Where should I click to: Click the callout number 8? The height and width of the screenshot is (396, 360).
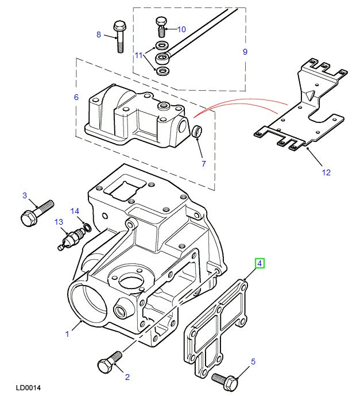click(x=99, y=35)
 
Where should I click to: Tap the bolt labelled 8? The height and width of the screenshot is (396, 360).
click(x=119, y=36)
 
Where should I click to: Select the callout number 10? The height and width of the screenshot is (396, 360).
click(x=181, y=29)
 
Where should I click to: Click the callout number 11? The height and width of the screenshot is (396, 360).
click(x=138, y=55)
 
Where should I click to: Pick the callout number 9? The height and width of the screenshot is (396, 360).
click(x=245, y=52)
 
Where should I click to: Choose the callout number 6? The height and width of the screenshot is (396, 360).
click(x=76, y=98)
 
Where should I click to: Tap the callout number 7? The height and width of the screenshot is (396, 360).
click(x=203, y=164)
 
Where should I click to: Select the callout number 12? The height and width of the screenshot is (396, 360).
click(x=326, y=172)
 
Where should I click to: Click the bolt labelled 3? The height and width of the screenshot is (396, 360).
click(x=37, y=212)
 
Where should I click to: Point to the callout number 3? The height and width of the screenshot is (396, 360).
click(x=25, y=196)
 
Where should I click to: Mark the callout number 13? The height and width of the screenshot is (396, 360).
click(x=58, y=222)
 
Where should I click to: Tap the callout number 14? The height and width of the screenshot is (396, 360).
click(x=75, y=211)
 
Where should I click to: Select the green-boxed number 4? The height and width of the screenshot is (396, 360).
click(x=260, y=264)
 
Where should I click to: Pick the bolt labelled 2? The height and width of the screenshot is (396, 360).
click(x=109, y=362)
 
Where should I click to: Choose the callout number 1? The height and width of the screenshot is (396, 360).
click(x=67, y=333)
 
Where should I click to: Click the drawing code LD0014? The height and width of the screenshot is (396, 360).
click(x=28, y=389)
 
